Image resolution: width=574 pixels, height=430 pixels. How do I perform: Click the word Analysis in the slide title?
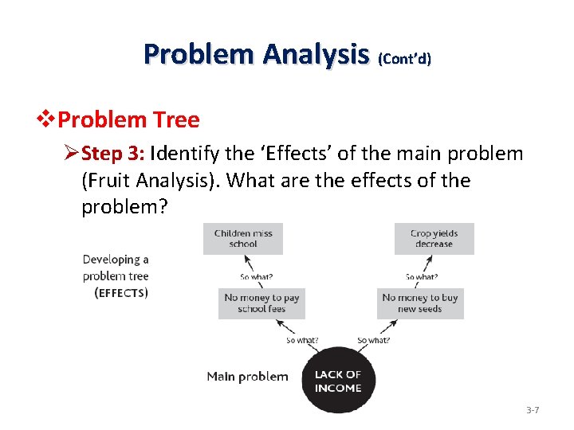point(317,54)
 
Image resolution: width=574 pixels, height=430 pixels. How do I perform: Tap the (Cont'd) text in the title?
point(404,59)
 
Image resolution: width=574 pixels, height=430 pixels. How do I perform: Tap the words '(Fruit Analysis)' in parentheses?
point(151,180)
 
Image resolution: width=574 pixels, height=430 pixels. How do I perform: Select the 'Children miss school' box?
point(243,239)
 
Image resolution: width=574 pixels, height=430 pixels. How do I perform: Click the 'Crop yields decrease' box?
point(434,239)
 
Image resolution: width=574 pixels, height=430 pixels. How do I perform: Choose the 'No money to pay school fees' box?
point(261,303)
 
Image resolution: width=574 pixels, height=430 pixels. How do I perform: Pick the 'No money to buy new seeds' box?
point(419,303)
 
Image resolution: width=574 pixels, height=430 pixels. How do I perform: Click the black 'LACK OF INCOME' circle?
point(338,381)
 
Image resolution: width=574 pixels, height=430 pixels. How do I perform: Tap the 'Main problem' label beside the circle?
point(247,376)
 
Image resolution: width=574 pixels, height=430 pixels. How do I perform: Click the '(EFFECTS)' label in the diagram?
point(120,292)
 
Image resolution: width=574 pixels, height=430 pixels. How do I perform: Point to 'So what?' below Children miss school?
point(257,277)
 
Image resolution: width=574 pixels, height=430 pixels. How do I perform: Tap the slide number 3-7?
point(533,410)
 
